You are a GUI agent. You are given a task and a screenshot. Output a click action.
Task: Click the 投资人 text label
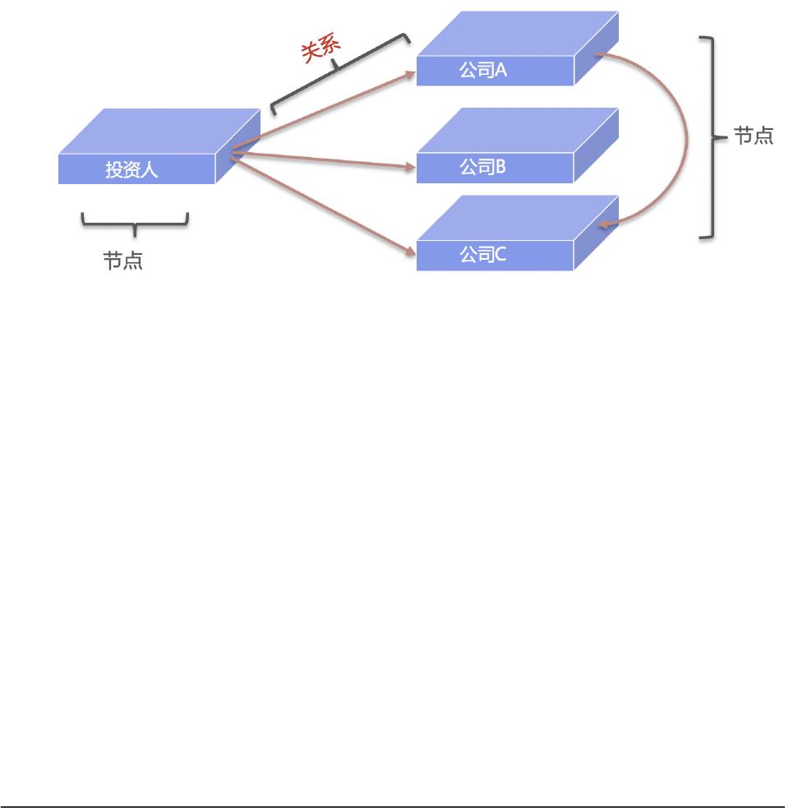click(x=131, y=170)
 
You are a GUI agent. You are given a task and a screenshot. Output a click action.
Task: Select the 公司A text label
click(x=482, y=71)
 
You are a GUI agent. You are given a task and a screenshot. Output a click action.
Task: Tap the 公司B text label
click(x=482, y=168)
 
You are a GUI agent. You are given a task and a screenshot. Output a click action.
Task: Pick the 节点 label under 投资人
click(x=123, y=261)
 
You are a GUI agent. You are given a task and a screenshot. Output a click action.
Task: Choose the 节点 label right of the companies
click(x=753, y=137)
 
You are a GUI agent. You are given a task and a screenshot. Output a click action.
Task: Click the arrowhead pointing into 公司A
click(x=410, y=73)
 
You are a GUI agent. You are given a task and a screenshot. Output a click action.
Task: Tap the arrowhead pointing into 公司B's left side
click(x=410, y=168)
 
